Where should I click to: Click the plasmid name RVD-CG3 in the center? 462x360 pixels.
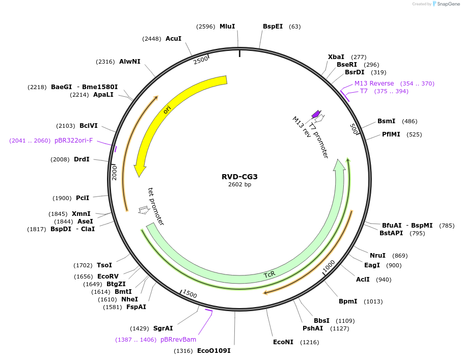(239, 177)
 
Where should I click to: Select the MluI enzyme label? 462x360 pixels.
(227, 26)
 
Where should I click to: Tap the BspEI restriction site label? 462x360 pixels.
(273, 26)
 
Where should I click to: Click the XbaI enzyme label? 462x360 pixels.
(336, 57)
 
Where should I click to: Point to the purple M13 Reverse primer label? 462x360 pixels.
(374, 84)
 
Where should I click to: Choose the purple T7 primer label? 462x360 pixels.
(364, 91)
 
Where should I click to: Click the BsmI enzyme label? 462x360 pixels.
(386, 121)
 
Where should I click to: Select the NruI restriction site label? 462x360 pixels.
(377, 255)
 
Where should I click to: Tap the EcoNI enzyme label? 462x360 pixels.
(283, 342)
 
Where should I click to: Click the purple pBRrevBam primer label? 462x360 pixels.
(178, 339)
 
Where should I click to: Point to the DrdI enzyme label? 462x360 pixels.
(81, 159)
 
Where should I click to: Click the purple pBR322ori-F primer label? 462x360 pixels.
(74, 140)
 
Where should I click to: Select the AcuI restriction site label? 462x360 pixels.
(173, 38)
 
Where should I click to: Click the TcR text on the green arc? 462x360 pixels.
(269, 274)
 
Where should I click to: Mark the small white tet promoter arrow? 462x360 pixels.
(144, 209)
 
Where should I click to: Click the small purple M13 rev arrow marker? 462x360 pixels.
(316, 114)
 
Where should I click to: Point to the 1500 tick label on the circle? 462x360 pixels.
(189, 294)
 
